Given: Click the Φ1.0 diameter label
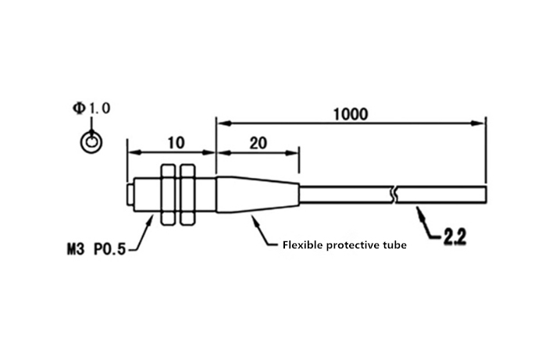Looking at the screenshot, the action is [91, 108].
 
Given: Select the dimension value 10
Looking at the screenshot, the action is [176, 143].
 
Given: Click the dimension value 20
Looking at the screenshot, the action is [258, 143].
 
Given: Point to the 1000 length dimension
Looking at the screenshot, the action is [351, 114].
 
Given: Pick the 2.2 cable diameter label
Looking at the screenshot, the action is [454, 237].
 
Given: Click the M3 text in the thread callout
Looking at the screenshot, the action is [76, 249].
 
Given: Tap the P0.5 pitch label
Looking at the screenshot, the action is [110, 249].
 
